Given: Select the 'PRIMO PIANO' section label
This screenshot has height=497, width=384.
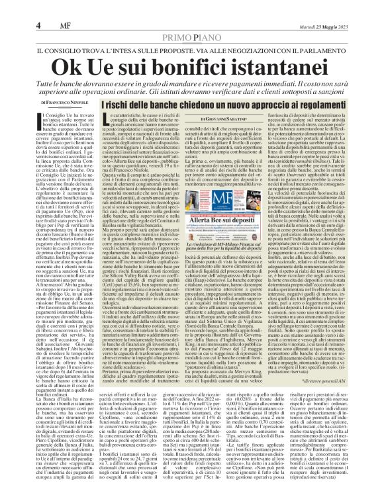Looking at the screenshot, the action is tap(192, 19).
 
